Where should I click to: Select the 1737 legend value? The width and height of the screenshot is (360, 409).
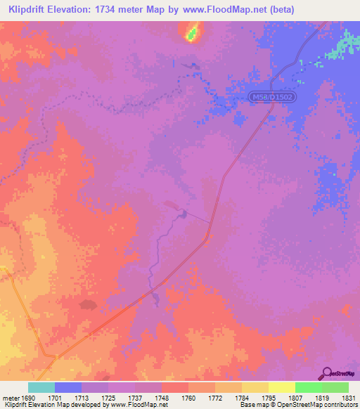[x=136, y=398]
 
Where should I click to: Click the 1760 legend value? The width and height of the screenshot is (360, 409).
[x=188, y=398]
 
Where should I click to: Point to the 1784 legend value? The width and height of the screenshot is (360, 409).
[x=241, y=398]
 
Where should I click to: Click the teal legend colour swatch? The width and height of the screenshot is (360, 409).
[x=41, y=387]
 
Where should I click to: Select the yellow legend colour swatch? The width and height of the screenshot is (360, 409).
[x=281, y=387]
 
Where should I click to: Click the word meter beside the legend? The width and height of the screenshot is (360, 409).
[x=10, y=398]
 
